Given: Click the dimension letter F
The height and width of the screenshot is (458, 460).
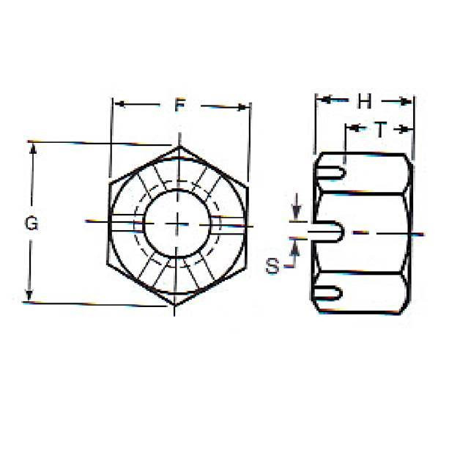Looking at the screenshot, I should [x=179, y=106].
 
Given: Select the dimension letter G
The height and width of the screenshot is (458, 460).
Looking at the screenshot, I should [x=31, y=224].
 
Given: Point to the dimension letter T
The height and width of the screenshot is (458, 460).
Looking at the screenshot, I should [x=380, y=130].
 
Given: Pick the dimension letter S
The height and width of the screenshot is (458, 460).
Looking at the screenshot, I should [x=272, y=266].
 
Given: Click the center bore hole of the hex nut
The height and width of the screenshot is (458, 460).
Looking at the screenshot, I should [x=178, y=223].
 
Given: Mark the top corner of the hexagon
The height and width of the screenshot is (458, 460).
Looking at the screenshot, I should [x=180, y=146].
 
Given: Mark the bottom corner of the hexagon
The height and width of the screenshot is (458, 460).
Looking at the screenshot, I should [x=177, y=303].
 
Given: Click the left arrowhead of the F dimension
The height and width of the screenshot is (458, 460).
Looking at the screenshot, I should [x=117, y=105].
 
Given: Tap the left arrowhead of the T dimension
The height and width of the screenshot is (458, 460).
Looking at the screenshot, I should [x=351, y=129].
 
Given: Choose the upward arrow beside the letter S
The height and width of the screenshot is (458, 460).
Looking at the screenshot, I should [x=296, y=247].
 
